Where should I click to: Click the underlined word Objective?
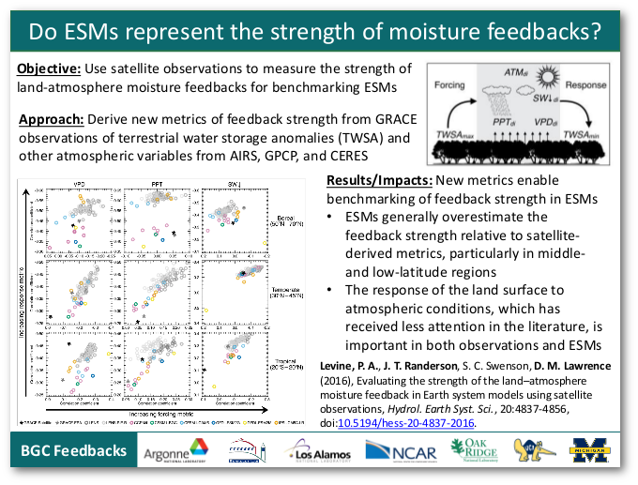click(x=49, y=69)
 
